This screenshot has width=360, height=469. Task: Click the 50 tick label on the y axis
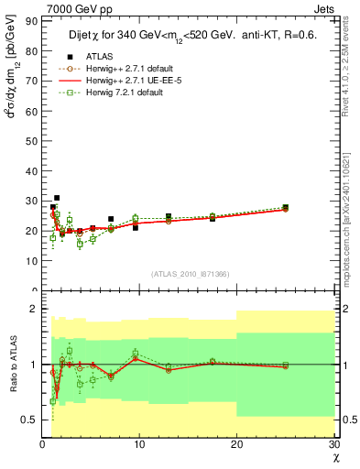tap(32, 139)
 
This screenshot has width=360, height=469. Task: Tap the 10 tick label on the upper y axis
tap(32, 260)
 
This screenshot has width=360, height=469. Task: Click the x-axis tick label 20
tap(236, 445)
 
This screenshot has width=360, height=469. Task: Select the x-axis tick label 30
tap(333, 445)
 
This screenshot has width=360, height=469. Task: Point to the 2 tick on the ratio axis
tap(35, 309)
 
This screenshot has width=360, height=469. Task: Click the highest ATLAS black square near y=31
tap(57, 197)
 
